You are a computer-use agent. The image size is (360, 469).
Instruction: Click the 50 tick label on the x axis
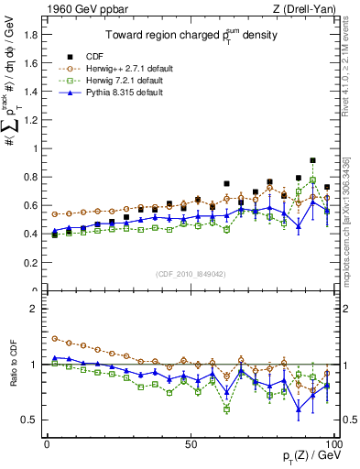(x=190, y=442)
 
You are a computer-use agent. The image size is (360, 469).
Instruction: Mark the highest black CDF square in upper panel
(x=313, y=160)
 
